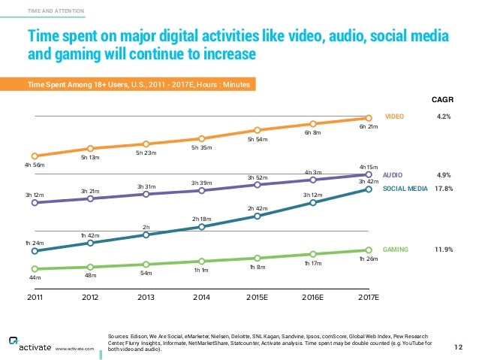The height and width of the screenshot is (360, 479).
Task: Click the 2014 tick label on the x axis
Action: (x=201, y=297)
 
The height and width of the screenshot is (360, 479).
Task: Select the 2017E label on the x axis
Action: (x=368, y=297)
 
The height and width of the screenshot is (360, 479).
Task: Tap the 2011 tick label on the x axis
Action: (x=35, y=297)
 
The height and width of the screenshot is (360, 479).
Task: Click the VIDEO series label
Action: (x=394, y=117)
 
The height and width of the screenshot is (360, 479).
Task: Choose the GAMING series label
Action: (x=396, y=249)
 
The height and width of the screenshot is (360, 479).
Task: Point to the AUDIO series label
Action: (x=393, y=174)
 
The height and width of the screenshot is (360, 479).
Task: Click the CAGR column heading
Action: (x=443, y=98)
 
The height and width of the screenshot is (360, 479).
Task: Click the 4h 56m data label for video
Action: (x=35, y=165)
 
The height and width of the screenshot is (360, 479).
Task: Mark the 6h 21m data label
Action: (x=368, y=128)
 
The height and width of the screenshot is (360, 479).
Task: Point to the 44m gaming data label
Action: (x=35, y=278)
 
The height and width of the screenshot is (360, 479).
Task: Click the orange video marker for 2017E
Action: (x=369, y=117)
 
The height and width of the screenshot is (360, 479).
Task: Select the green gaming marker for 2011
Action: (x=35, y=268)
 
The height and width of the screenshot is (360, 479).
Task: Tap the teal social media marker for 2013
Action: (x=146, y=234)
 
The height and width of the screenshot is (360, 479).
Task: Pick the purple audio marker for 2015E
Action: (x=257, y=185)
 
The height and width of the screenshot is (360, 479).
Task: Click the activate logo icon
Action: (x=14, y=340)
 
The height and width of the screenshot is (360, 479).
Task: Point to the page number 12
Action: (x=459, y=346)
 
